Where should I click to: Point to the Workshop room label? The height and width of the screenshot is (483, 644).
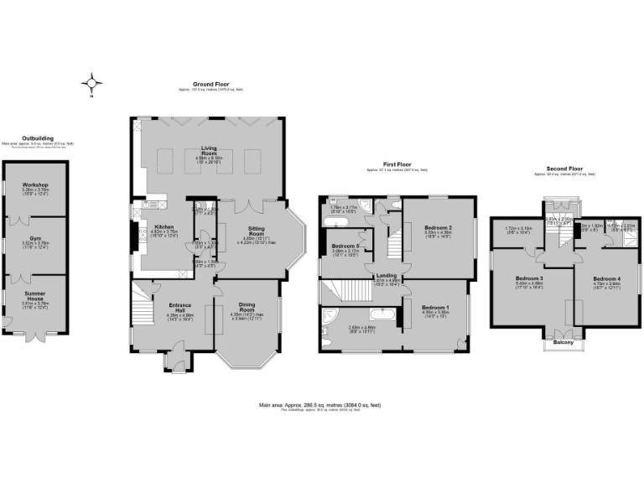pyautogui.click(x=35, y=184)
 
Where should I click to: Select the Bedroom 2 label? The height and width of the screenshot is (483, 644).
pyautogui.click(x=439, y=228)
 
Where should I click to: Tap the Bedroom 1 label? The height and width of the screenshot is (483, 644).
pyautogui.click(x=435, y=308)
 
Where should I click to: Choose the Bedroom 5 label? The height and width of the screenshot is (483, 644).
pyautogui.click(x=345, y=246)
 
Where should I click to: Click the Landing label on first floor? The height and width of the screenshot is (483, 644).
pyautogui.click(x=387, y=275)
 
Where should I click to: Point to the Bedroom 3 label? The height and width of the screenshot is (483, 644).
pyautogui.click(x=530, y=278)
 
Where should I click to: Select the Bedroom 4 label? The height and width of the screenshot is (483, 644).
pyautogui.click(x=605, y=278)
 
